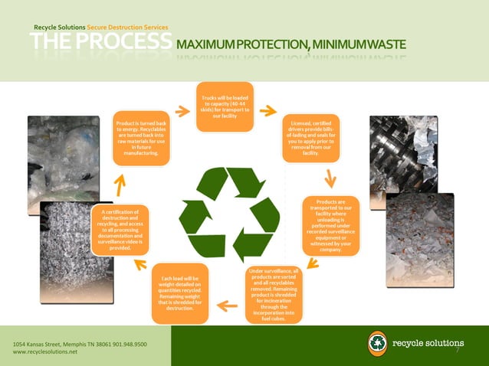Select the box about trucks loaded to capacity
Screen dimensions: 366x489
coord(225,106)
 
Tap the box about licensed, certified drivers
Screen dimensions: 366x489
coord(311,138)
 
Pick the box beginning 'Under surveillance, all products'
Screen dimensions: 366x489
coord(274,295)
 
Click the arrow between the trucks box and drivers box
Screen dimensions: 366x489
coord(267,111)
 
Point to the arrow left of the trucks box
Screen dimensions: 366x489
coord(182,112)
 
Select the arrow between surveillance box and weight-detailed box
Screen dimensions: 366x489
coord(227,306)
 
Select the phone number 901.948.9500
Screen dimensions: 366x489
coord(129,345)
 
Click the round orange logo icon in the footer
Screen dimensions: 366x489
coord(377,343)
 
